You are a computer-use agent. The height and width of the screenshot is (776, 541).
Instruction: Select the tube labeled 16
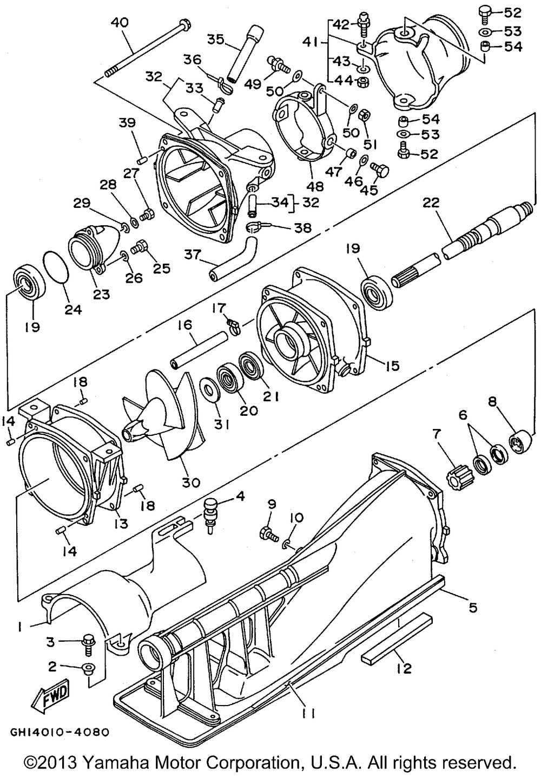point(200,351)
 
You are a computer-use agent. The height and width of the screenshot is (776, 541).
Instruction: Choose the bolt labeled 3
point(87,643)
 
